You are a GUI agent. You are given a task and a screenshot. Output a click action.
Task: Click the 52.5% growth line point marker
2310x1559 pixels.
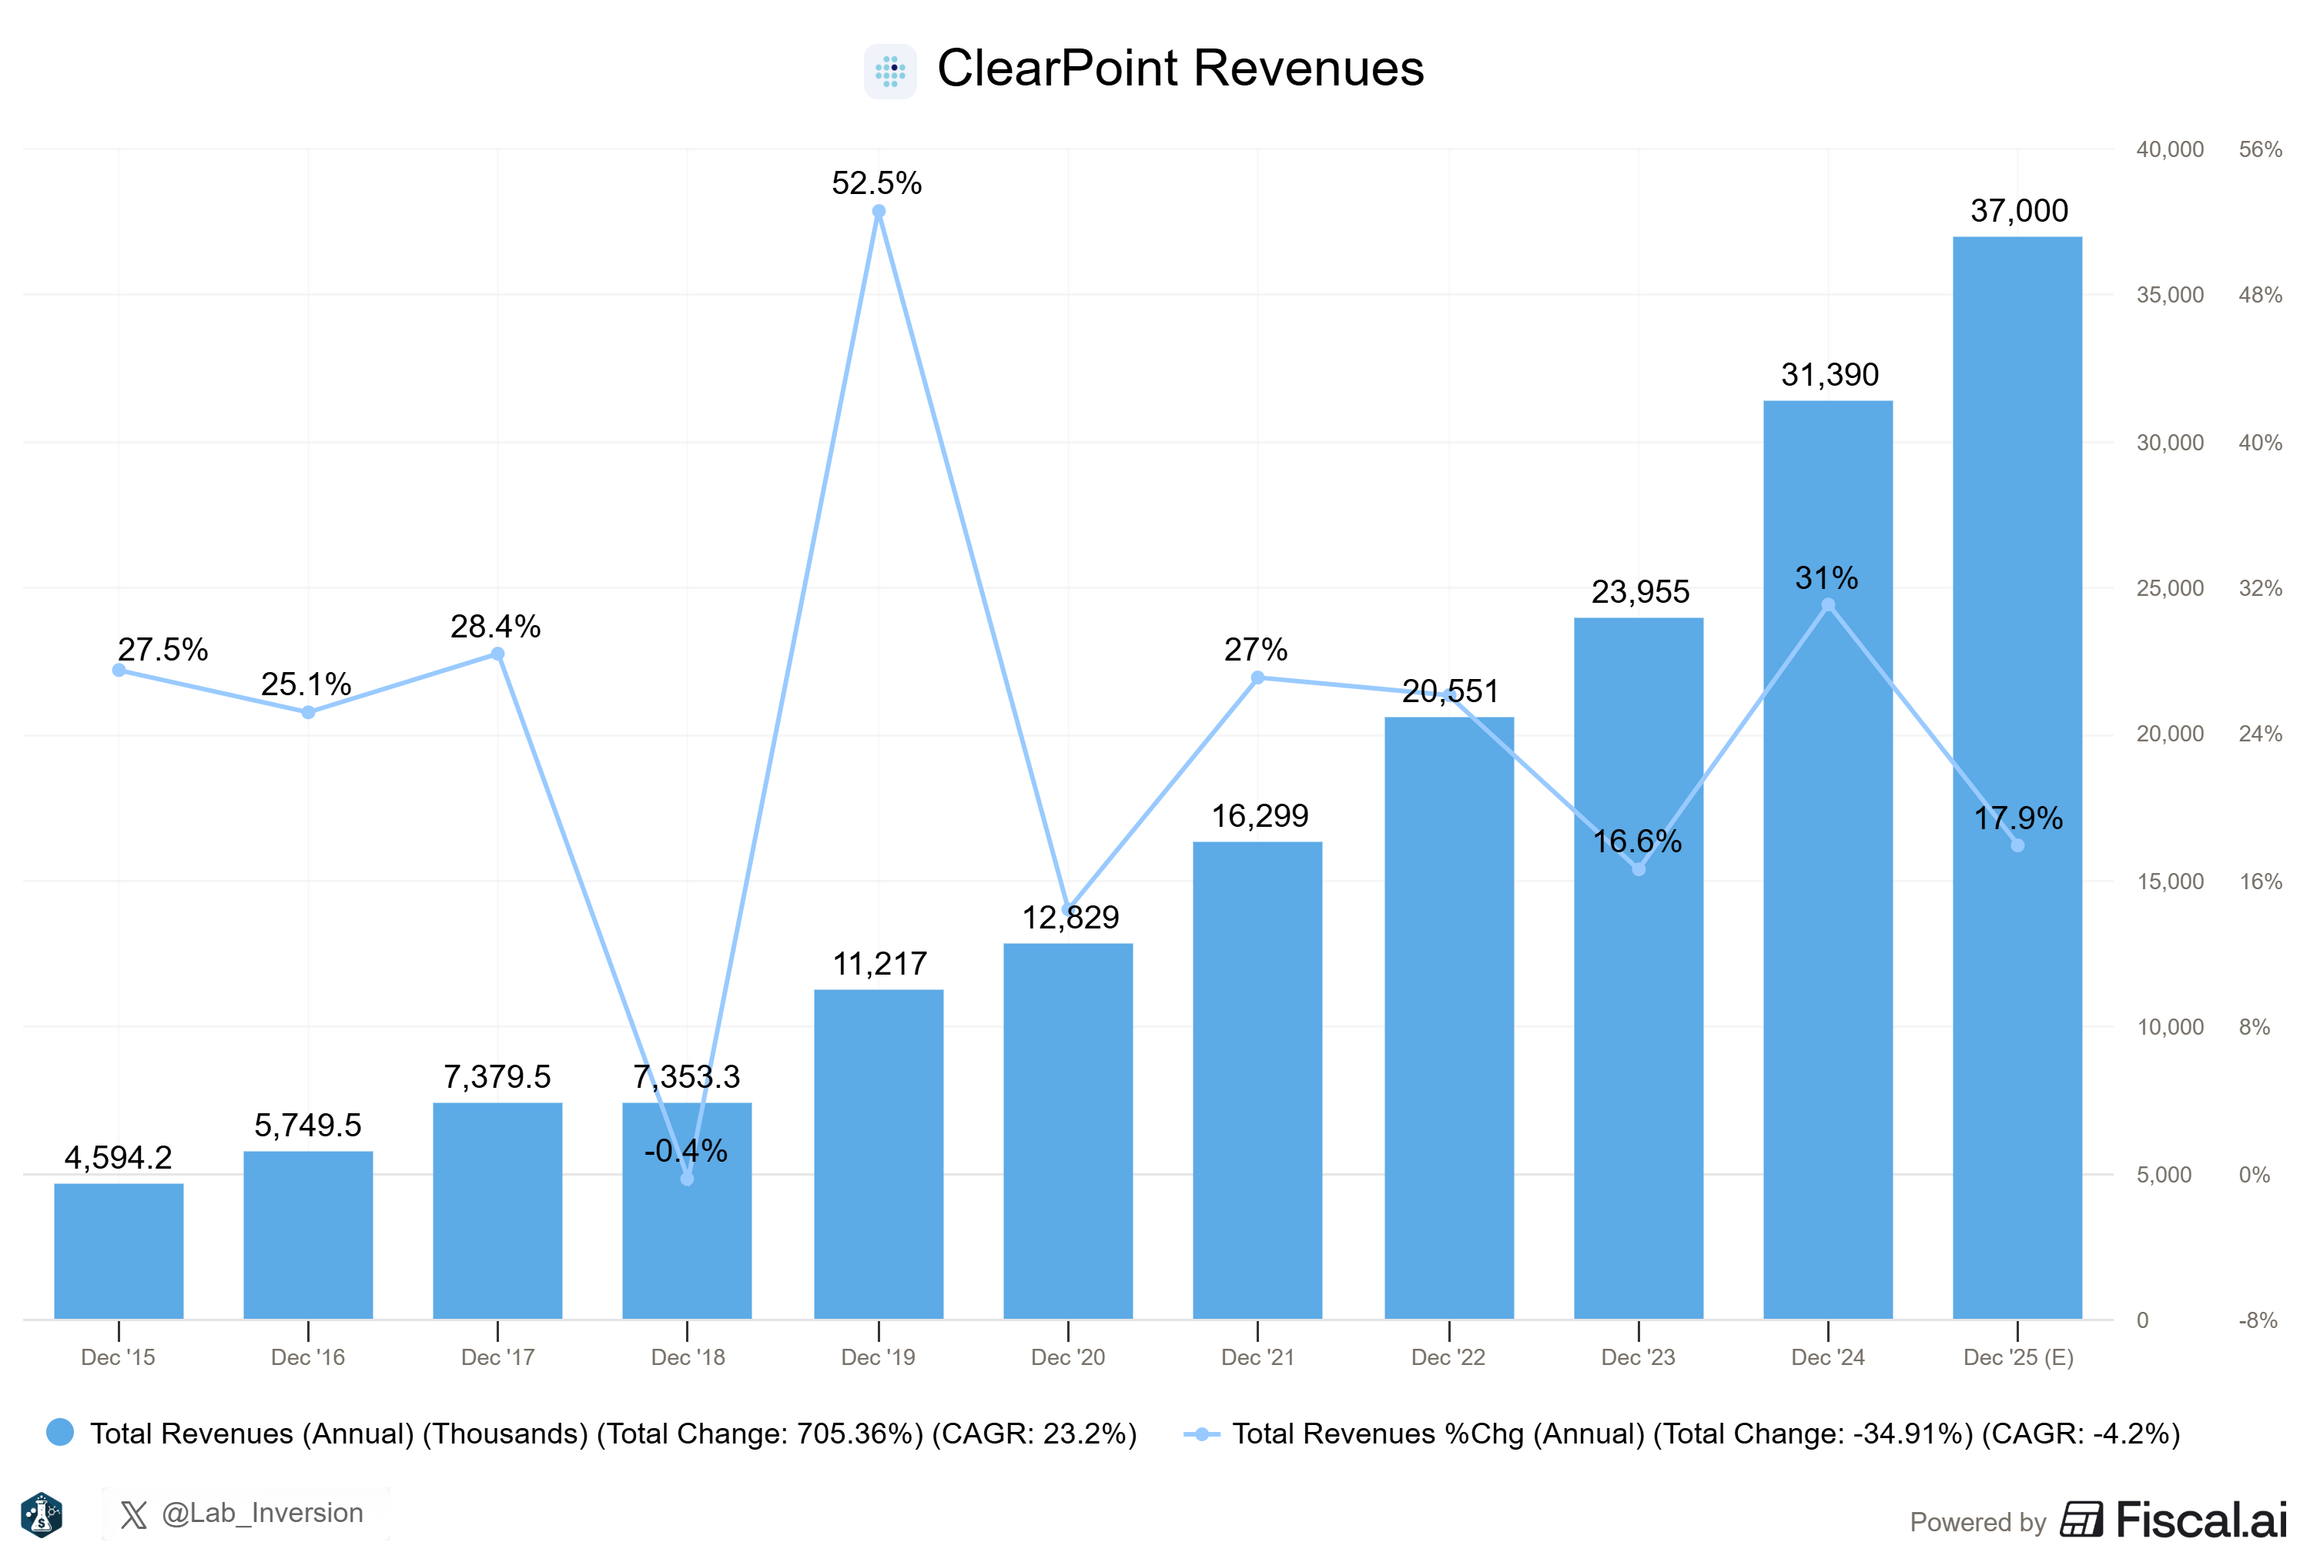pyautogui.click(x=879, y=212)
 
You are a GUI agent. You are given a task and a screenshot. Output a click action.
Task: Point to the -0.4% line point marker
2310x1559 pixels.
pyautogui.click(x=687, y=1179)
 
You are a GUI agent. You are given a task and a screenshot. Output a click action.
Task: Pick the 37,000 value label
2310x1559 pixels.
pyautogui.click(x=2019, y=211)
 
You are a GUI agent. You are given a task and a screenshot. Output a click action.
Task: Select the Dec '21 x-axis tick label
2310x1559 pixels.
pyautogui.click(x=1257, y=1357)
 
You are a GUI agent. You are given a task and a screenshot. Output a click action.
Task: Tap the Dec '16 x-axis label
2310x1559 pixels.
pyautogui.click(x=308, y=1357)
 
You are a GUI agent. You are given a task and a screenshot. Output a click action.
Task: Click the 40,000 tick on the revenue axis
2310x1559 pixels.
pyautogui.click(x=2170, y=150)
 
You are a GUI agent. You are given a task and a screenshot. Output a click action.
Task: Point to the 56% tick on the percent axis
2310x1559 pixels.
pyautogui.click(x=2259, y=150)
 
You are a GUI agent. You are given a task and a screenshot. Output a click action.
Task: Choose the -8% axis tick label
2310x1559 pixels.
pyautogui.click(x=2258, y=1320)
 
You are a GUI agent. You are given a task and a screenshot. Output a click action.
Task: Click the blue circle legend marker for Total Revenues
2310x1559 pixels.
pyautogui.click(x=59, y=1432)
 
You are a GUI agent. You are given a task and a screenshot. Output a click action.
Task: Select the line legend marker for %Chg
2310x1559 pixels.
pyautogui.click(x=1202, y=1434)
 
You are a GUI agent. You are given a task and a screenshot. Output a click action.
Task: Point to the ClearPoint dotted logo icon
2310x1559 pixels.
pyautogui.click(x=889, y=71)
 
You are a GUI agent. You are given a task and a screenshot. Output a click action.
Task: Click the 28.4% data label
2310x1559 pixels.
pyautogui.click(x=495, y=626)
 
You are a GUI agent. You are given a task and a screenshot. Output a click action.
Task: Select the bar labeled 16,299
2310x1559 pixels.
pyautogui.click(x=1257, y=1080)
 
